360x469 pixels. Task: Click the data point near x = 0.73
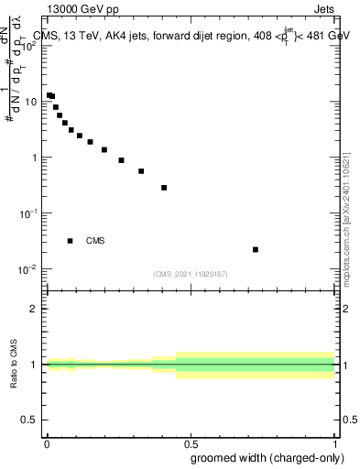point(256,249)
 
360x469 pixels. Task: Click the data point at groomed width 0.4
point(164,188)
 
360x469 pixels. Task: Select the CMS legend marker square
point(71,241)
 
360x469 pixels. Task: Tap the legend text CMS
point(95,241)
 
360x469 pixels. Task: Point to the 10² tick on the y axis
point(29,46)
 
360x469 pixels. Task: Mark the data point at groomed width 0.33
point(141,171)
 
